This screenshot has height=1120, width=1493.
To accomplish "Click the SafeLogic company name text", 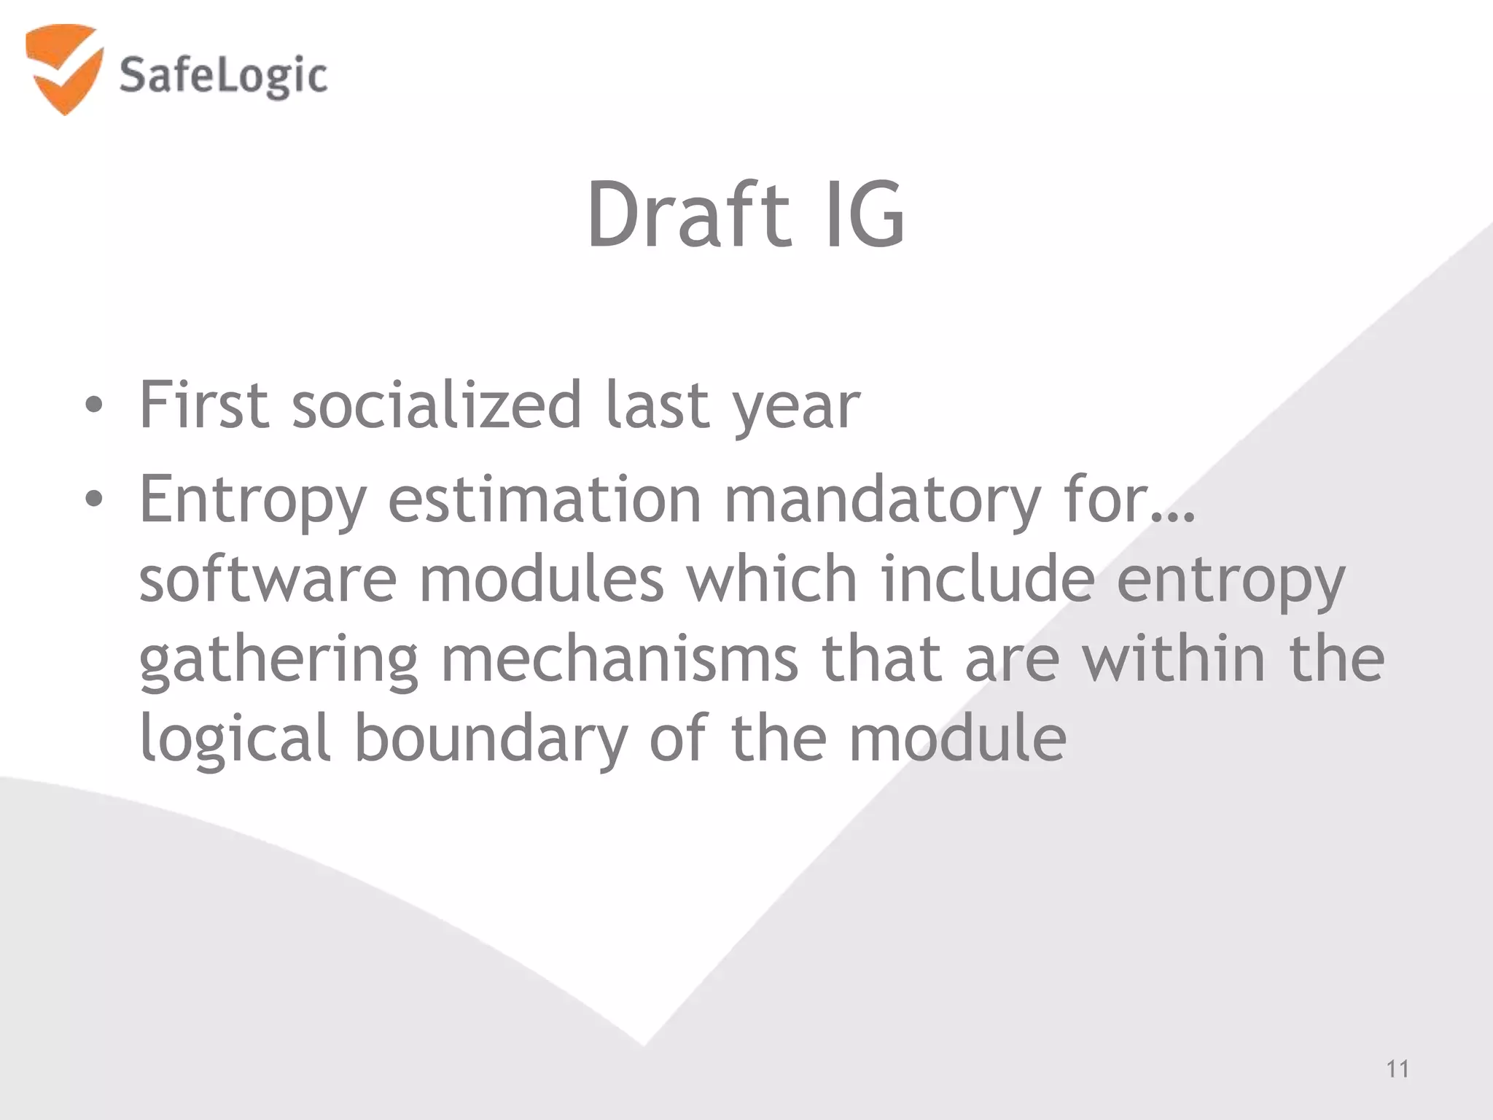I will (x=223, y=77).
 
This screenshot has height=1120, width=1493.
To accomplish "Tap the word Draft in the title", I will (x=688, y=215).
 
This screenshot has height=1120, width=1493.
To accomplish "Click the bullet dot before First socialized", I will (x=93, y=406).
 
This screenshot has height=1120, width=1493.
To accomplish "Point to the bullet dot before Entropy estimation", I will (x=93, y=499).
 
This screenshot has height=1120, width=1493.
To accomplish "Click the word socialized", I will (x=437, y=405).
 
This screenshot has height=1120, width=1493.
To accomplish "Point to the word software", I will (x=268, y=579).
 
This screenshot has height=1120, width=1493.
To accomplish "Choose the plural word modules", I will (x=542, y=579).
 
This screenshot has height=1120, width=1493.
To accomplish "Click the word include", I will (x=987, y=579).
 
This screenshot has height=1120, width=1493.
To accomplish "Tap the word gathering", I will (x=278, y=661).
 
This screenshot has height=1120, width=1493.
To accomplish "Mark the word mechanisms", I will (x=620, y=659).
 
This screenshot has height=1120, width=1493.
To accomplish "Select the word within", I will (x=1173, y=659).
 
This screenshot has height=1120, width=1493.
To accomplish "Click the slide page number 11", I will (x=1397, y=1069).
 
